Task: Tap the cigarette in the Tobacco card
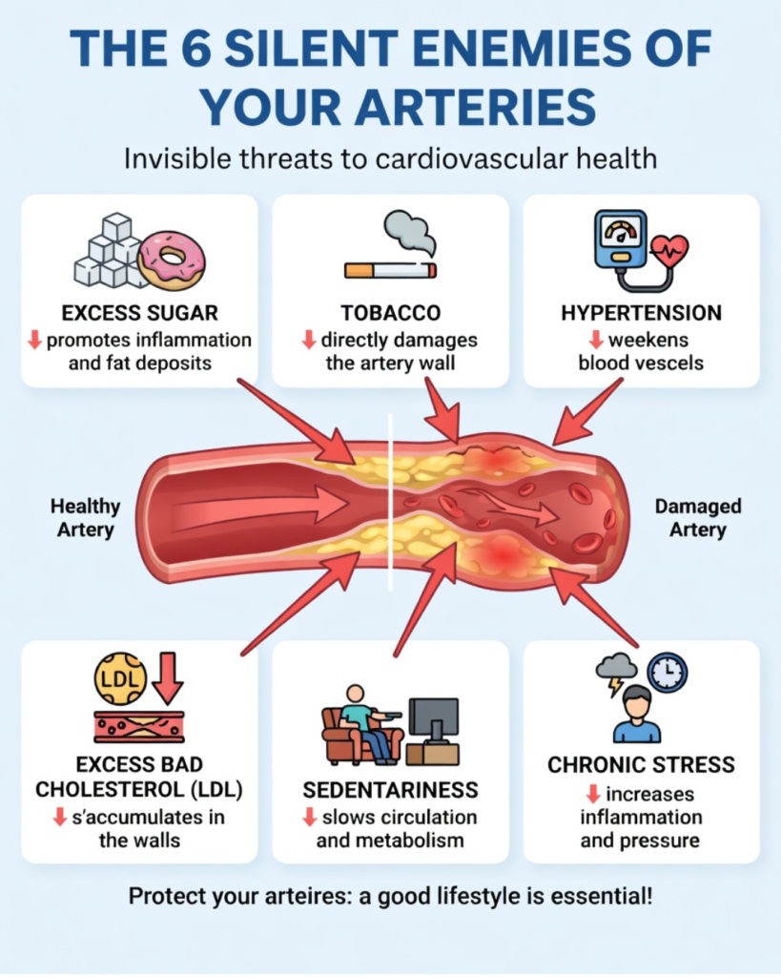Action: [390, 271]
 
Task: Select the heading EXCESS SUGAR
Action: [139, 313]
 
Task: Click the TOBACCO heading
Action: [390, 313]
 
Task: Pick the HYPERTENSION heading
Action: [641, 313]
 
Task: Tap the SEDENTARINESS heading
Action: [390, 791]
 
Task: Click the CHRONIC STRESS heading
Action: [641, 765]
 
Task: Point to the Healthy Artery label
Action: [86, 517]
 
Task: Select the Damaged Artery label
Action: [697, 517]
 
